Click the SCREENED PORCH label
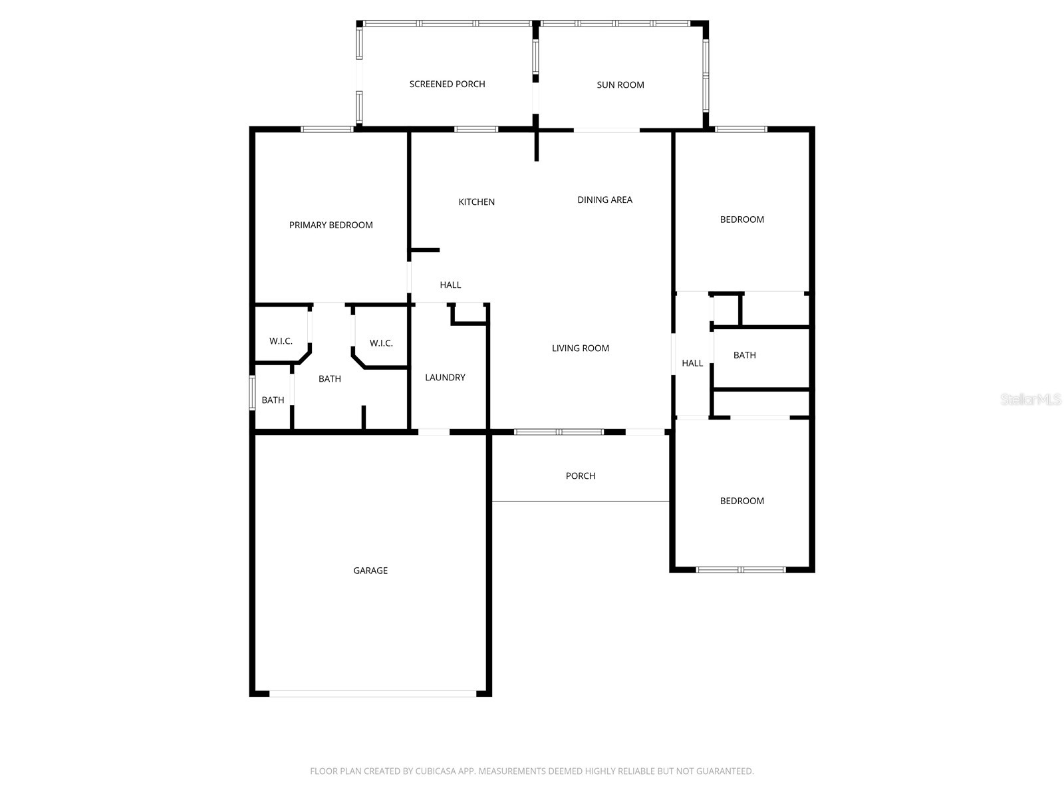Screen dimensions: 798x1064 447,84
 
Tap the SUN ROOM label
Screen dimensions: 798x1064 620,84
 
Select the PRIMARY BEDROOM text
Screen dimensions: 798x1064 331,225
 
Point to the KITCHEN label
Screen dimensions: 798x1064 476,201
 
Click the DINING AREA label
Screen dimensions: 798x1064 604,199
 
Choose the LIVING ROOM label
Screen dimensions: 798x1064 580,348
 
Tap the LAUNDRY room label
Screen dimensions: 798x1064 445,377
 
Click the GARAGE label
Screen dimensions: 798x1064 370,570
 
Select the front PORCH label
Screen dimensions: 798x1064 580,475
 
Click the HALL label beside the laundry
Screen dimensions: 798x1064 450,285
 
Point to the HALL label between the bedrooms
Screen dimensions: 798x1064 692,363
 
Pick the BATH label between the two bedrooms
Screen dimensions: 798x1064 744,355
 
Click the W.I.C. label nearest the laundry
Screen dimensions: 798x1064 381,343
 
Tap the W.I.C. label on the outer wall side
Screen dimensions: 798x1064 281,341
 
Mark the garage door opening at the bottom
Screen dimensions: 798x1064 372,694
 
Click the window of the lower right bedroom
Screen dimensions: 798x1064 740,569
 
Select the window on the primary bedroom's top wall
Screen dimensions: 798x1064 327,129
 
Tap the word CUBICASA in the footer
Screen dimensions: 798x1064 434,771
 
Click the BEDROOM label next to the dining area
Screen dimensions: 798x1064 741,219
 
